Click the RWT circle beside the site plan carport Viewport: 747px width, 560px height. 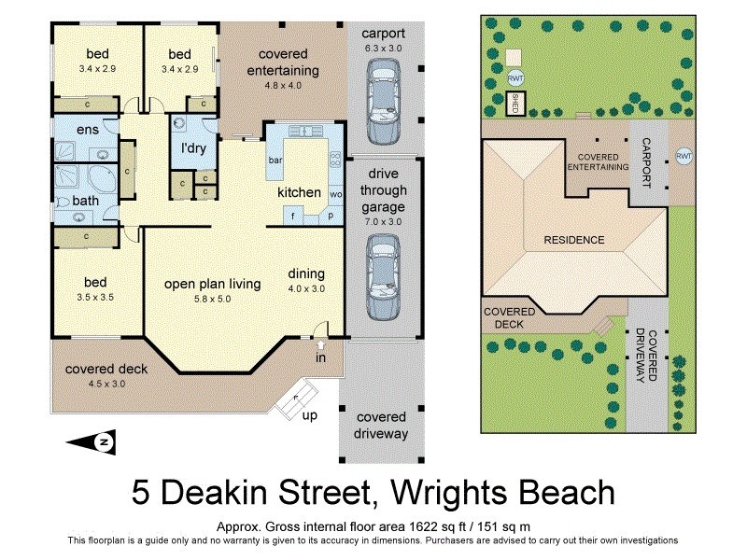coord(684,155)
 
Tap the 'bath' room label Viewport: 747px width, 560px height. coord(86,200)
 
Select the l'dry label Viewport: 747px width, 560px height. coord(193,147)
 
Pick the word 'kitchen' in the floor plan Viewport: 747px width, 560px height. coord(299,192)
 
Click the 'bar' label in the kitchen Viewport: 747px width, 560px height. coord(275,161)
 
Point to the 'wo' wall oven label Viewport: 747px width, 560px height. coord(335,194)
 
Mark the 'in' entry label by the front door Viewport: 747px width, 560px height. coord(321,357)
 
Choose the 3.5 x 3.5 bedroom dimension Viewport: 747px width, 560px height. coord(96,296)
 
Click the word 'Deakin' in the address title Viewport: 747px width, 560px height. coord(237,493)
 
